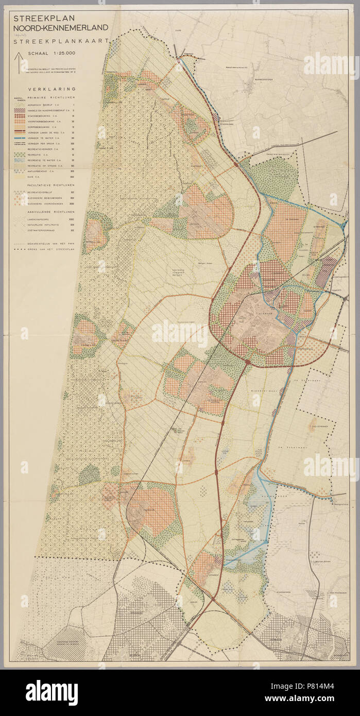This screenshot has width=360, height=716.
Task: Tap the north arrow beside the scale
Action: [20, 62]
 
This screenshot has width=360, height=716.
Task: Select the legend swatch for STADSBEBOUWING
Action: [20, 116]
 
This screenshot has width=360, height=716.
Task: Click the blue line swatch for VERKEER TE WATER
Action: [20, 138]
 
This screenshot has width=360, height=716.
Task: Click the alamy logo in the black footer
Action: [52, 690]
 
